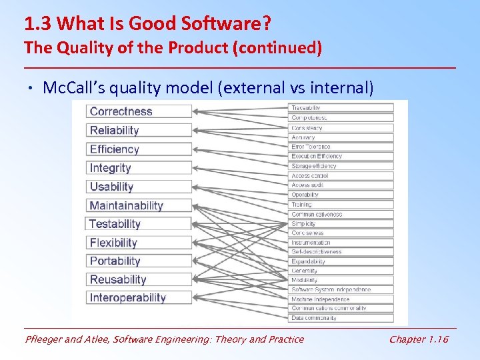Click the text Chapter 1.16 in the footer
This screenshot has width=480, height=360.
[419, 339]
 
